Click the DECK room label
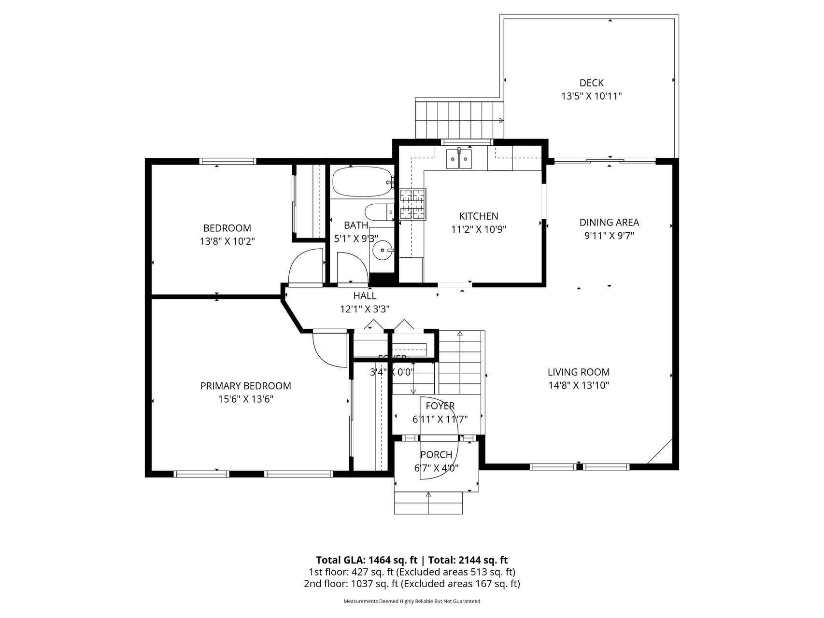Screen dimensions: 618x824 point(591,83)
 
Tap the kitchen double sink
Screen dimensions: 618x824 point(459,158)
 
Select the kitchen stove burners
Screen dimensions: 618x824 point(412,204)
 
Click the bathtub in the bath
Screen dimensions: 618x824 point(362,182)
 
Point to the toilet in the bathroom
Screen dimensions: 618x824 point(379,212)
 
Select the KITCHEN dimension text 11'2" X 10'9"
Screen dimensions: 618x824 point(478,230)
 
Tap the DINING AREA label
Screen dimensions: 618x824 point(609,223)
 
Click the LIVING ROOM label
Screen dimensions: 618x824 point(579,372)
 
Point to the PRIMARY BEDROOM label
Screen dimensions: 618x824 point(245,386)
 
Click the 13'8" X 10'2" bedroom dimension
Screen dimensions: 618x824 point(227,241)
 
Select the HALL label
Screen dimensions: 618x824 point(365,296)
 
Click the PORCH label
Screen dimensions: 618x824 point(436,455)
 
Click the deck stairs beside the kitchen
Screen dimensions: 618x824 point(459,119)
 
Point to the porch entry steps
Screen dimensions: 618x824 point(428,503)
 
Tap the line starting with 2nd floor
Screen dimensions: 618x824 point(412,584)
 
